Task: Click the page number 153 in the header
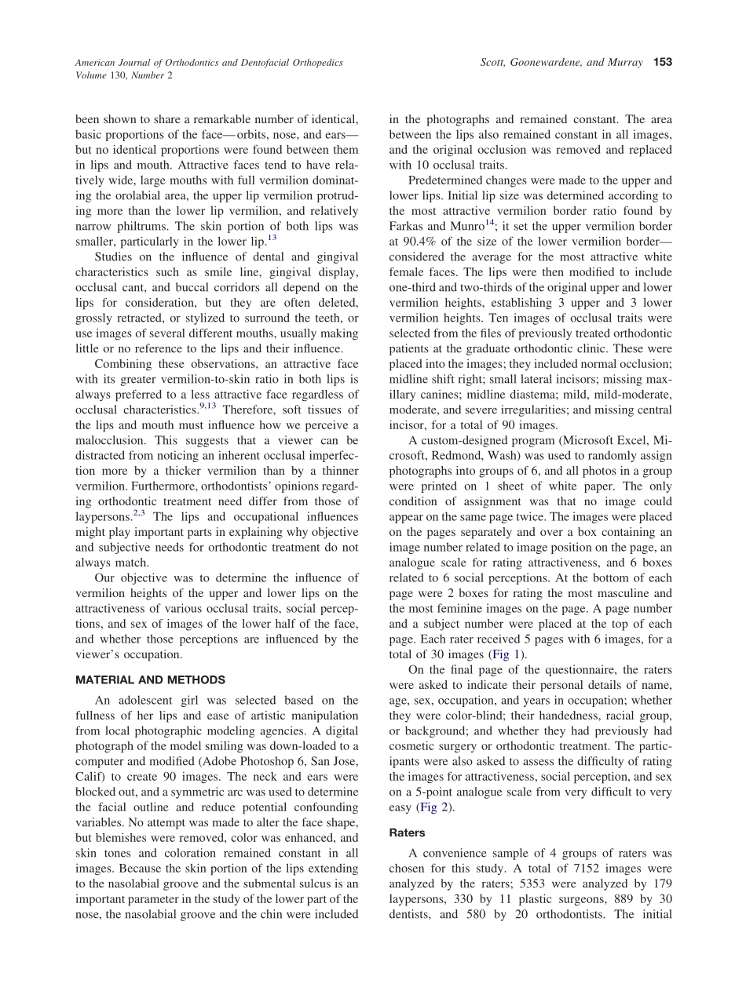click(x=663, y=62)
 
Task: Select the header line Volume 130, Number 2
click(x=123, y=76)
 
